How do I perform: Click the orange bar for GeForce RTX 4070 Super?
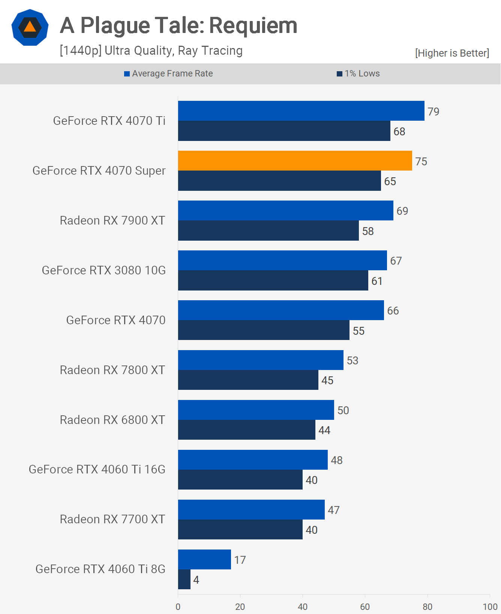pyautogui.click(x=295, y=161)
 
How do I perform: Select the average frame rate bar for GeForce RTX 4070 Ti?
pyautogui.click(x=301, y=111)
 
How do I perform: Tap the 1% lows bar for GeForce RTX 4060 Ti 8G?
pyautogui.click(x=184, y=580)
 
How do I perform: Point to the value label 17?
pyautogui.click(x=240, y=560)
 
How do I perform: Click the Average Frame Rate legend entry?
pyautogui.click(x=168, y=73)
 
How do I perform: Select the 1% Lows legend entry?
pyautogui.click(x=358, y=73)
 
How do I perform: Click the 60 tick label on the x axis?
pyautogui.click(x=365, y=607)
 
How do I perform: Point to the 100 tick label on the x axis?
pyautogui.click(x=490, y=607)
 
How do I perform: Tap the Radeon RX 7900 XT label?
pyautogui.click(x=112, y=220)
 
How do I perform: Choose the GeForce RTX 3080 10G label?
pyautogui.click(x=104, y=270)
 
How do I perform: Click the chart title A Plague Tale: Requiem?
pyautogui.click(x=178, y=25)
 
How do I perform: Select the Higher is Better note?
pyautogui.click(x=452, y=53)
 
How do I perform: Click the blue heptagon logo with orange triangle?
pyautogui.click(x=30, y=27)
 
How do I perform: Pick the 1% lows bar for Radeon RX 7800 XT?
pyautogui.click(x=248, y=380)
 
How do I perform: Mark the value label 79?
pyautogui.click(x=433, y=112)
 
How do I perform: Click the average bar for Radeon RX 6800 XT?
pyautogui.click(x=256, y=410)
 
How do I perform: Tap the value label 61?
pyautogui.click(x=377, y=281)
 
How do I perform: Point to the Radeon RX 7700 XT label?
pyautogui.click(x=112, y=519)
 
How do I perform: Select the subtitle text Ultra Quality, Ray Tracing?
pyautogui.click(x=151, y=51)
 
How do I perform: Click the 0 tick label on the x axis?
pyautogui.click(x=178, y=607)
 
